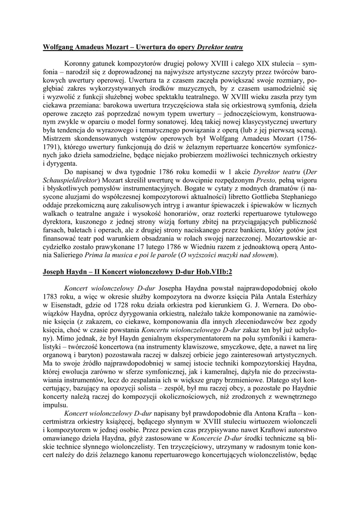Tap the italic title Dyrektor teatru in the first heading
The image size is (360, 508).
coord(220,47)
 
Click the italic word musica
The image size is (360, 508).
coord(124,255)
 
